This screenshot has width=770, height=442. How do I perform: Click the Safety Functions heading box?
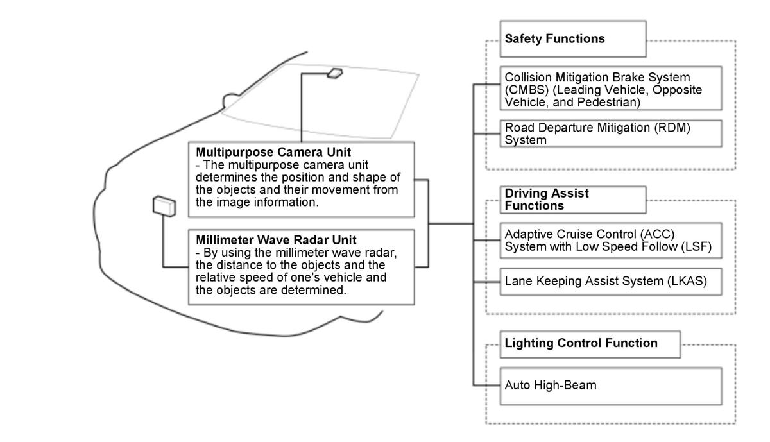pos(572,39)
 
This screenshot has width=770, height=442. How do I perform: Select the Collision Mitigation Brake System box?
pos(611,89)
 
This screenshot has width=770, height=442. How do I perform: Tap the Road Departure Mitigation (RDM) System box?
pos(611,133)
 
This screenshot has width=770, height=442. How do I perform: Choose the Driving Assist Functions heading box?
pos(572,200)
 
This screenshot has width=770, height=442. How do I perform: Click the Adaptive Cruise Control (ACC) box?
pos(611,241)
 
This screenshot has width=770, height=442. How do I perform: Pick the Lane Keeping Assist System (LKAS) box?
pos(611,282)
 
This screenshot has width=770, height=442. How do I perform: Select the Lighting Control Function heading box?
pos(590,344)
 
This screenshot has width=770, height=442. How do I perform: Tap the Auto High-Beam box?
pos(611,386)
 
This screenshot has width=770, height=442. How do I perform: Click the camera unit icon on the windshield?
pos(334,73)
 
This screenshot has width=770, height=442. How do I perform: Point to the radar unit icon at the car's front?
pos(164,206)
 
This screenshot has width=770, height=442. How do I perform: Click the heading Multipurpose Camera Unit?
pos(273,152)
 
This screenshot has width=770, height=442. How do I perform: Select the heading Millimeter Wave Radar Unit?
pos(276,239)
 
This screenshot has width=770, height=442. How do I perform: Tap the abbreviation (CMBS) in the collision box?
pos(527,90)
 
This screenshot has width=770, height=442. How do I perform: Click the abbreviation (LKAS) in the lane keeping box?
pos(687,282)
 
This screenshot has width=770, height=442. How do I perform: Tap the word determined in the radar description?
pos(314,290)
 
